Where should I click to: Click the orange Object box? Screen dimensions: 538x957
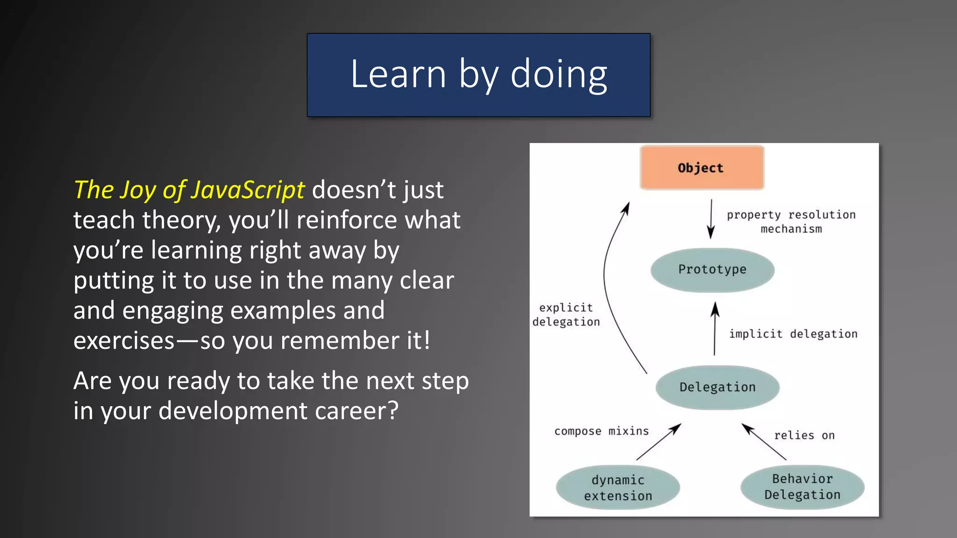[x=701, y=168]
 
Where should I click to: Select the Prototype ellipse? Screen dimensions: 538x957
[x=712, y=270]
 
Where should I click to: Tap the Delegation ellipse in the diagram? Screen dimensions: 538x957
[x=717, y=387]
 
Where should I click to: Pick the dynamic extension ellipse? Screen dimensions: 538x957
[x=618, y=488]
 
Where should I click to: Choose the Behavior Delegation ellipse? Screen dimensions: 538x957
[x=802, y=487]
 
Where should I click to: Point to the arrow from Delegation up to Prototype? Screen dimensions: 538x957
[x=714, y=329]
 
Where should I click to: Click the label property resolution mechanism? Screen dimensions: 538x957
[x=791, y=221]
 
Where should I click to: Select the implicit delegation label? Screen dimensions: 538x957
[x=793, y=334]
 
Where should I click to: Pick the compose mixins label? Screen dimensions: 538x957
[x=601, y=431]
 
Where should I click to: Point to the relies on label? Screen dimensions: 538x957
[x=804, y=435]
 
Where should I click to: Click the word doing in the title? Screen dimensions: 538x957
[x=558, y=75]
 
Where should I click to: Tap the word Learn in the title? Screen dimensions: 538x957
[x=398, y=75]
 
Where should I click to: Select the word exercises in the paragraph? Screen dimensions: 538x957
[x=124, y=341]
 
